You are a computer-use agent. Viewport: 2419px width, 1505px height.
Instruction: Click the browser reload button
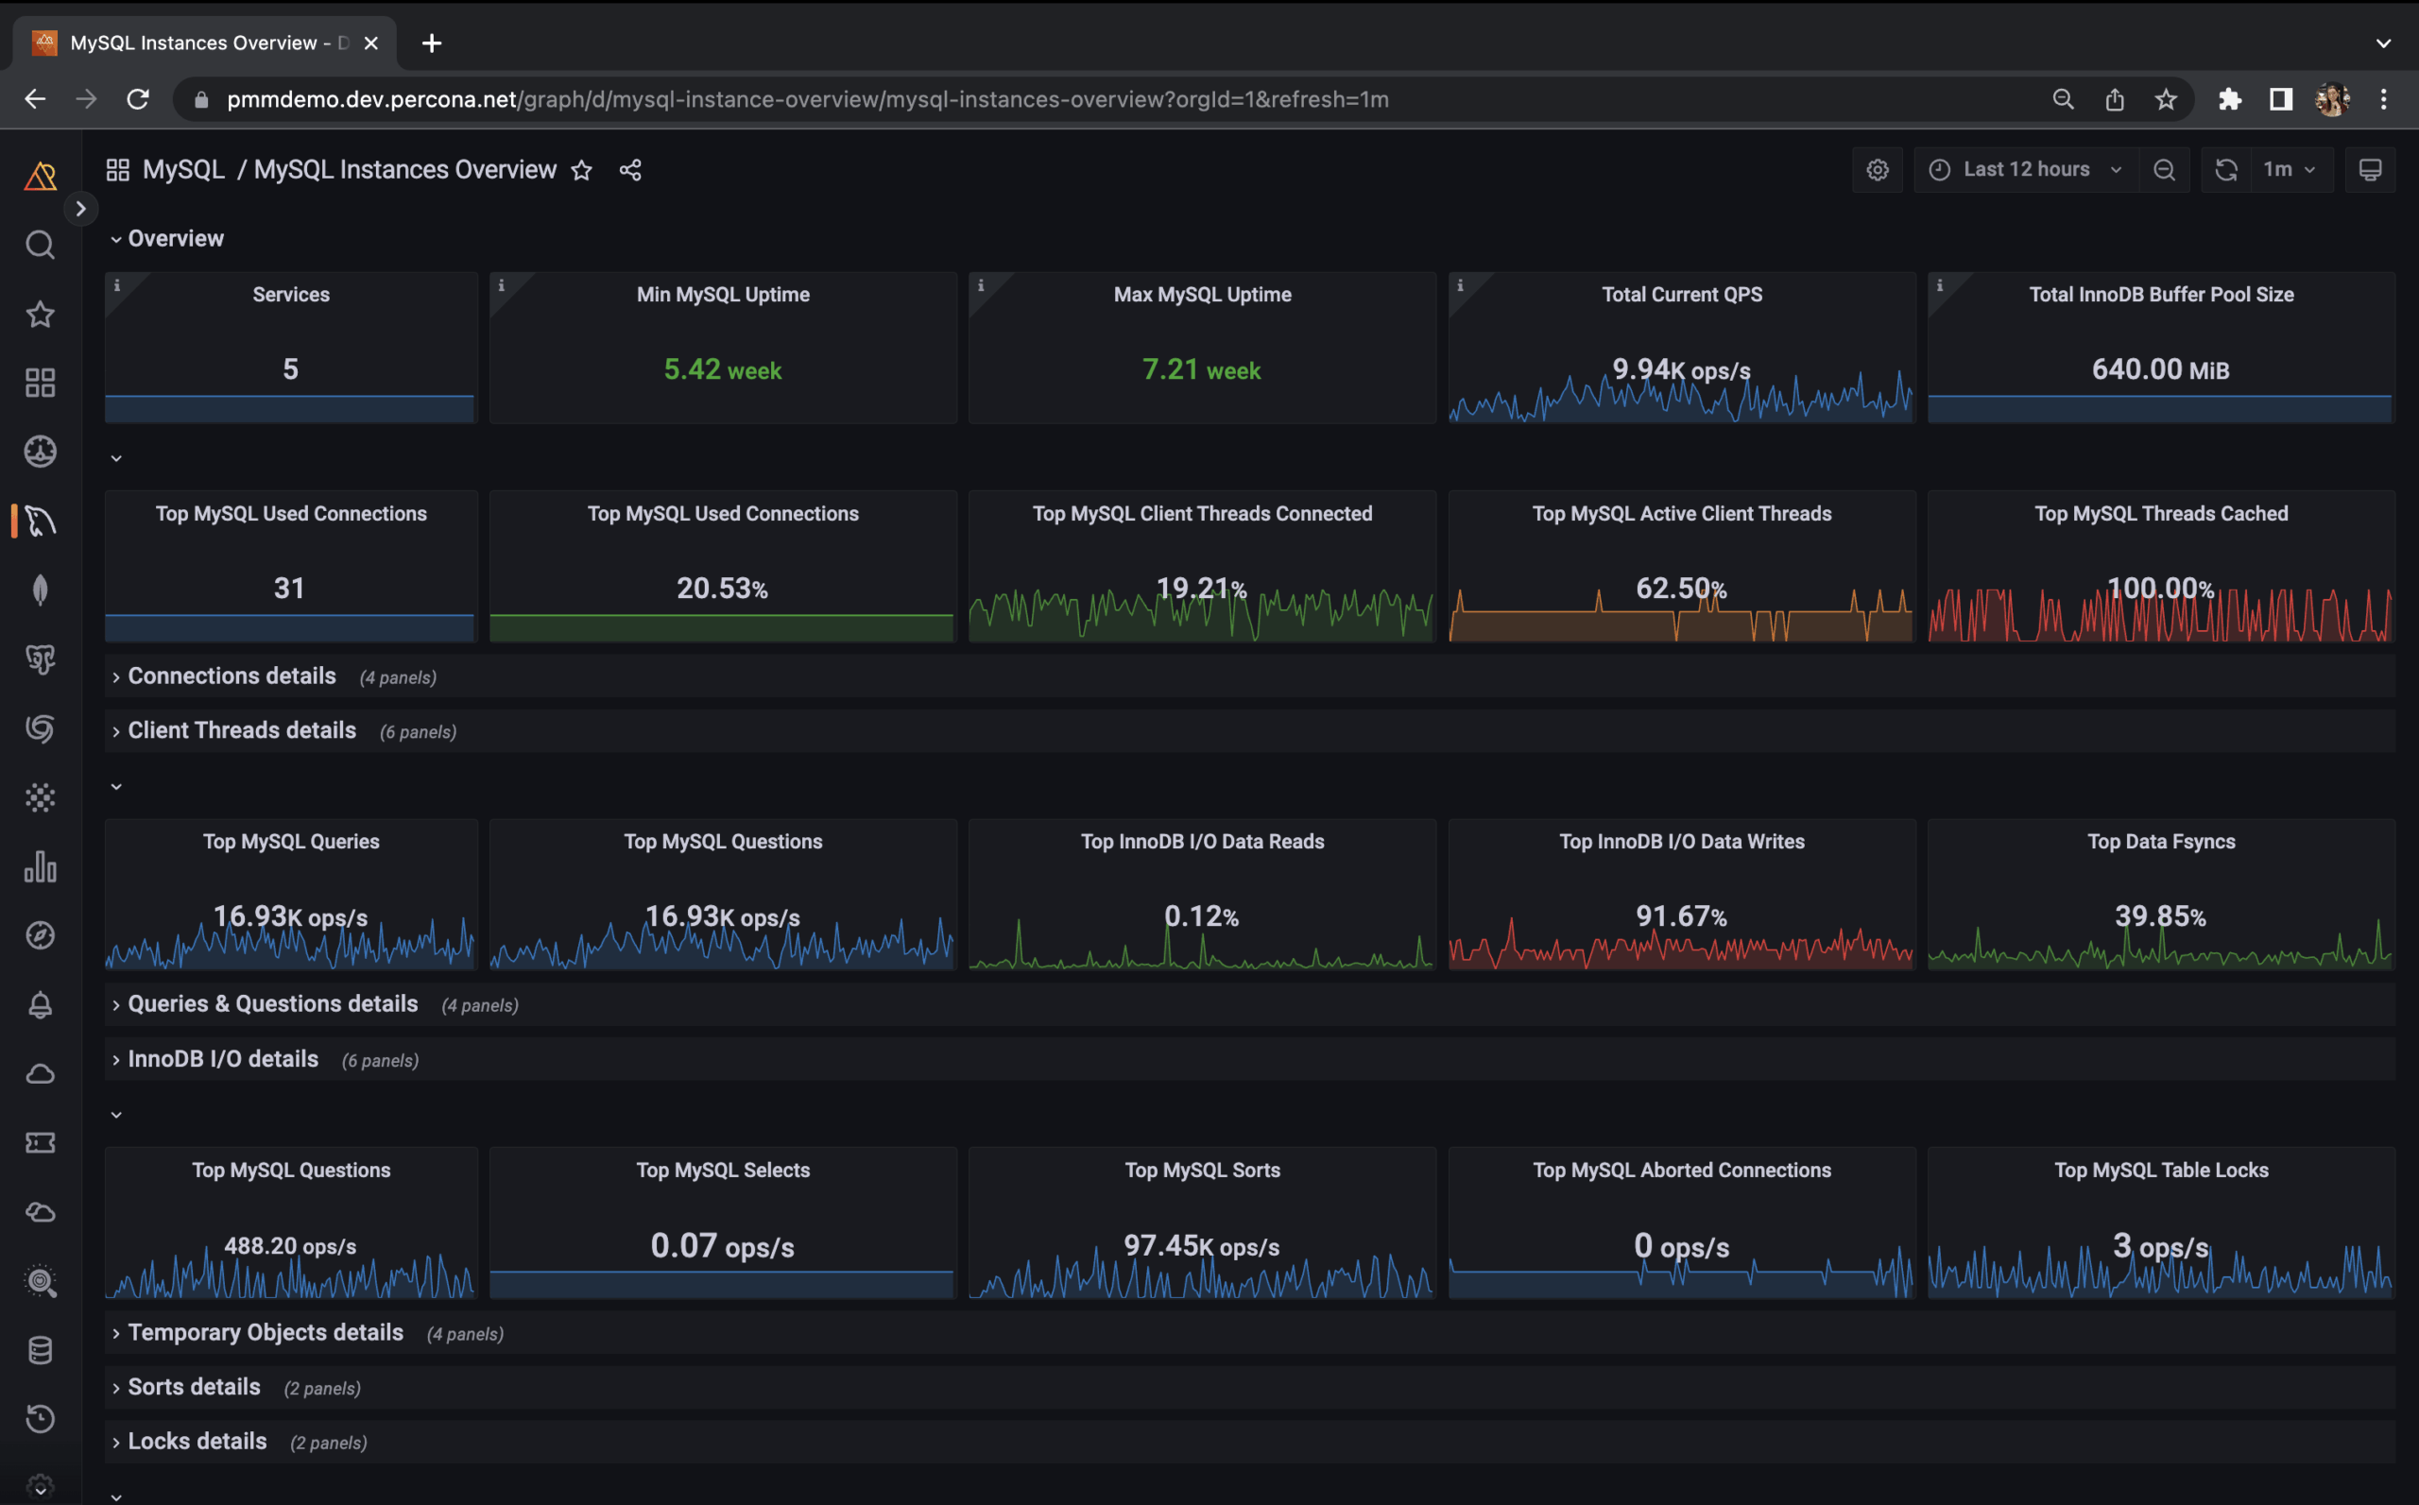point(138,98)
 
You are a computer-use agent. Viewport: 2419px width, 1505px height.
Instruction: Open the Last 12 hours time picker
point(2025,169)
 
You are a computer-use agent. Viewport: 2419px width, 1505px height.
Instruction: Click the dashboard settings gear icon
point(1877,169)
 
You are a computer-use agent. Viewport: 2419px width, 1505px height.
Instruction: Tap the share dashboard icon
point(630,170)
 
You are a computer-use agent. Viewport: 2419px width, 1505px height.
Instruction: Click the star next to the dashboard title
point(581,170)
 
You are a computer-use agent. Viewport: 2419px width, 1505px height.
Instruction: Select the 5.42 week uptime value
point(723,369)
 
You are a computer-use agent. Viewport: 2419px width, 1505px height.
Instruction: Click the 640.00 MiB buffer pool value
point(2160,369)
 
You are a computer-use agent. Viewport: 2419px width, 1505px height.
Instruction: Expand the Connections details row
point(232,676)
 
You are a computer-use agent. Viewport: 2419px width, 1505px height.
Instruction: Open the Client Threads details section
point(242,730)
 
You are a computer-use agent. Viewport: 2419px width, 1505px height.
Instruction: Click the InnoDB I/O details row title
point(223,1059)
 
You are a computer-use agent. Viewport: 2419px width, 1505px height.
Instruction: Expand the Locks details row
point(197,1441)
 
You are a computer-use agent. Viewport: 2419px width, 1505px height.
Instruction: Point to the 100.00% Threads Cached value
point(2160,589)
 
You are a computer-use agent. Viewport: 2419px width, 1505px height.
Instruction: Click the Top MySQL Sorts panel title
point(1202,1170)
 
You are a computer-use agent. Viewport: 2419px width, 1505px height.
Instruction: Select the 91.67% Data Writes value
point(1680,915)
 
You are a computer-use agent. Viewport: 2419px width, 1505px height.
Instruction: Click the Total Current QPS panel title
point(1680,295)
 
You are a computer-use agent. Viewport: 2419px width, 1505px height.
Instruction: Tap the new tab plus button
point(431,43)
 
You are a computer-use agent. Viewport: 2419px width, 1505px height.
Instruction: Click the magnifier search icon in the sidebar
point(40,245)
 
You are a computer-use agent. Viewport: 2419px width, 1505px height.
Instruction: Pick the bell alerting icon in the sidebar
point(40,1004)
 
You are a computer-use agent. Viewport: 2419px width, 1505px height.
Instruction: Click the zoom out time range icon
point(2163,169)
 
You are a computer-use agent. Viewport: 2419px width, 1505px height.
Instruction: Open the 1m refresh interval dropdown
point(2288,169)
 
